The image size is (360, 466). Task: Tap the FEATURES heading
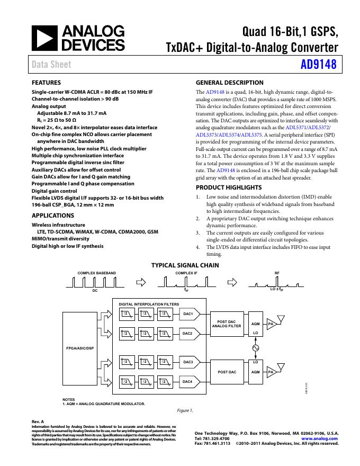[46, 83]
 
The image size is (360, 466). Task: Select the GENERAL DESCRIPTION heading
[229, 83]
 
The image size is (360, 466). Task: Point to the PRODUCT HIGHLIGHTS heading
[229, 187]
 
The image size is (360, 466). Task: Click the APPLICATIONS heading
[53, 216]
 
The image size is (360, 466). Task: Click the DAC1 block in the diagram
[188, 314]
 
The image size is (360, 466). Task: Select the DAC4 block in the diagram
[188, 381]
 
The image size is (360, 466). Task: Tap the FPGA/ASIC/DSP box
[79, 348]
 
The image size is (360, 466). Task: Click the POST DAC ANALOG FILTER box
[227, 324]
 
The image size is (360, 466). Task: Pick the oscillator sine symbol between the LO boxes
[256, 348]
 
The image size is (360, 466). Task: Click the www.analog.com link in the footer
[320, 438]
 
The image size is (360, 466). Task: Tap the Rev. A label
[38, 422]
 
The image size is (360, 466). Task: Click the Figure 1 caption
[185, 410]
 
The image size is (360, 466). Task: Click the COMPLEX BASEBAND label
[97, 273]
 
